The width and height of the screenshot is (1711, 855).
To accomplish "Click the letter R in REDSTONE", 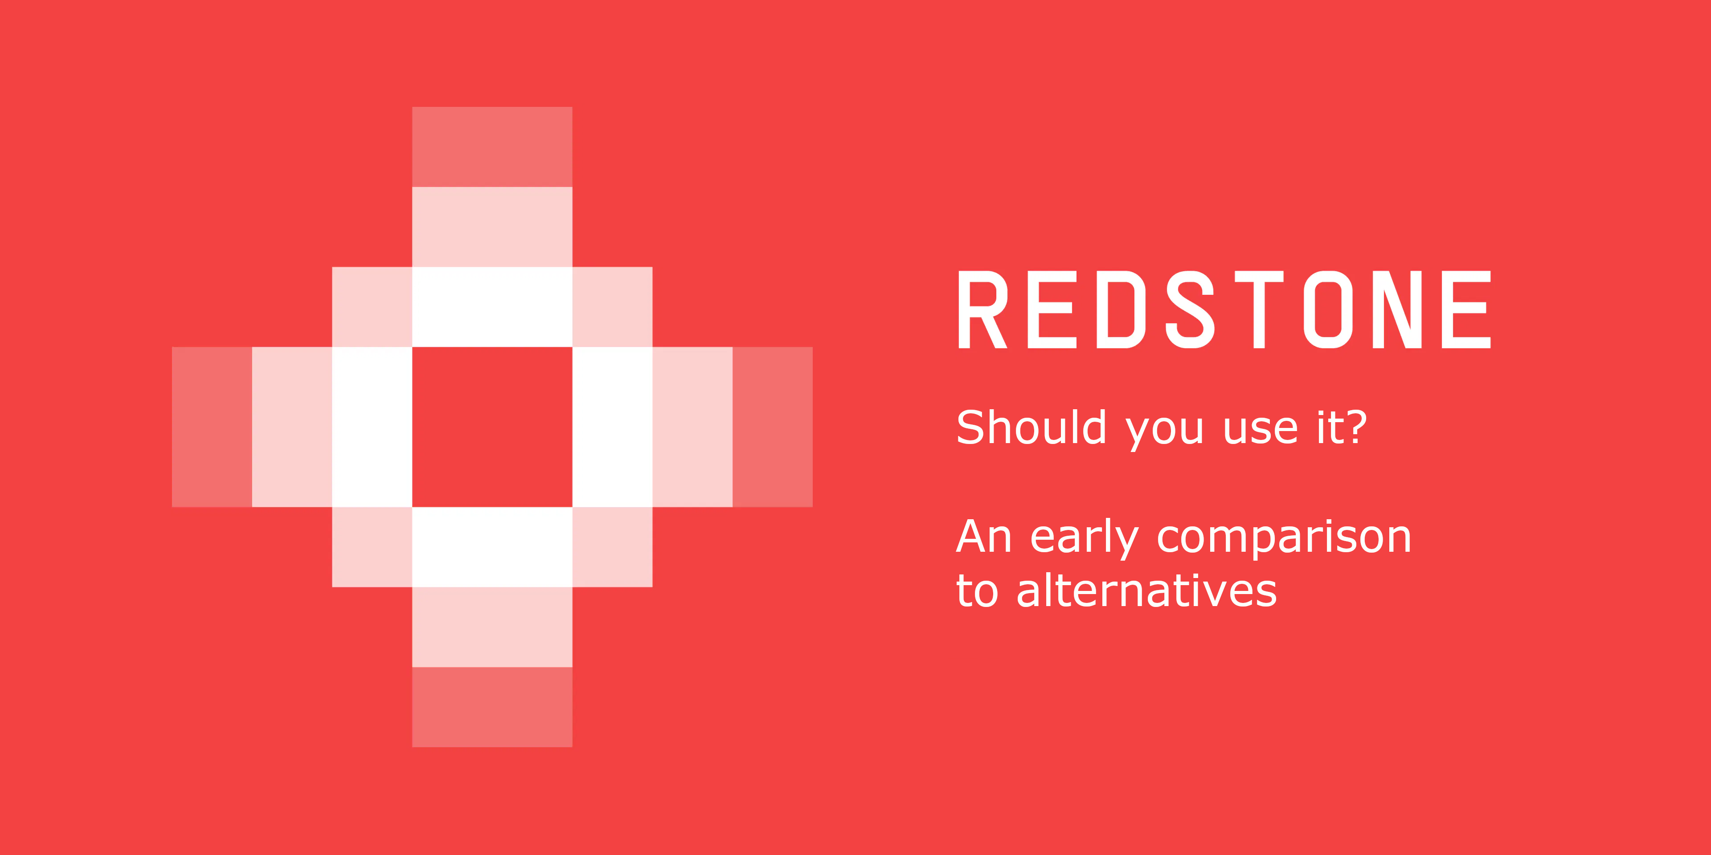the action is (x=983, y=309).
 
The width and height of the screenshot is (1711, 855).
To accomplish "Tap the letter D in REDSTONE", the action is (x=1121, y=309).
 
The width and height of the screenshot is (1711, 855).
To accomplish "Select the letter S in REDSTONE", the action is (x=1190, y=309).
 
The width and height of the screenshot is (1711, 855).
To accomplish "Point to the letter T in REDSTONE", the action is (x=1259, y=309).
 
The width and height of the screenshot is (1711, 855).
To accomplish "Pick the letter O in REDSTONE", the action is (x=1328, y=309).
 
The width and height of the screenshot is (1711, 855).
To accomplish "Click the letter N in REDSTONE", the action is (x=1397, y=309).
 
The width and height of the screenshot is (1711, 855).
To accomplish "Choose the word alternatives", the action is (x=1146, y=590).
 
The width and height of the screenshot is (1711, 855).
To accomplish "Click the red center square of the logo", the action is (x=492, y=427).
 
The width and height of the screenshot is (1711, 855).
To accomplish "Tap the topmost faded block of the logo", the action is (x=492, y=147).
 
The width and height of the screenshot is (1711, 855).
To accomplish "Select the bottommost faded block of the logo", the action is (x=492, y=707).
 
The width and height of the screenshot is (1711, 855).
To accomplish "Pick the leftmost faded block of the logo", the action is (x=212, y=427).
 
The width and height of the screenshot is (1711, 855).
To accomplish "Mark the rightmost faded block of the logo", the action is (x=773, y=427).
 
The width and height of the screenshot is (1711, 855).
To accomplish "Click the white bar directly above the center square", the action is (x=492, y=307).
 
